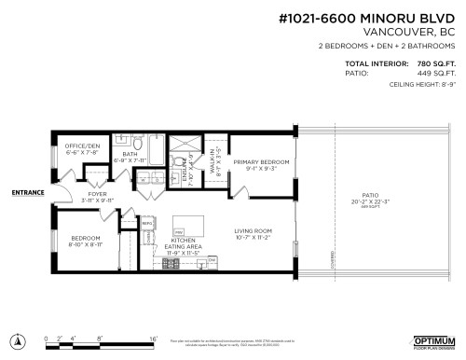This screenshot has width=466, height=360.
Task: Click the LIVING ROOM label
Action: pos(252,233)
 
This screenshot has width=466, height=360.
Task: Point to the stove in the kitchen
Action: pos(171,263)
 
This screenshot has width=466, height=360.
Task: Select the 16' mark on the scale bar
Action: pos(153,340)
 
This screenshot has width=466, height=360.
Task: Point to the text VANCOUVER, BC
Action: pos(415,32)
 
